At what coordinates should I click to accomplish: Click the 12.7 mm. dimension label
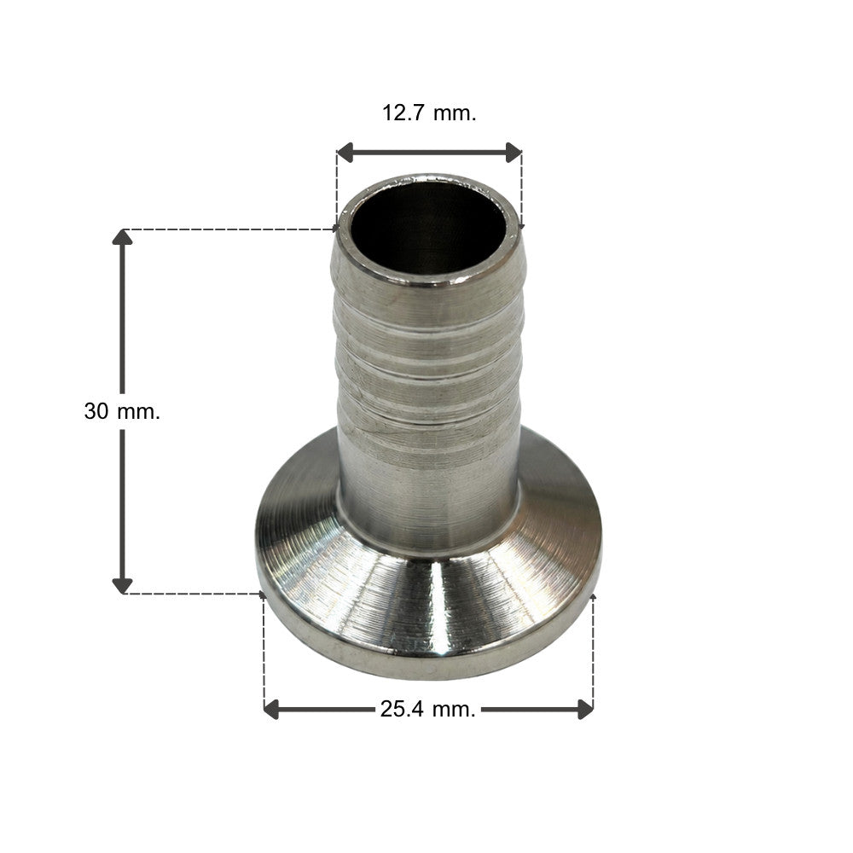point(429,113)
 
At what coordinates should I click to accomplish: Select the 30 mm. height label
point(122,411)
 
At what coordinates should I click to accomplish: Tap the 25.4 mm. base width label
point(428,710)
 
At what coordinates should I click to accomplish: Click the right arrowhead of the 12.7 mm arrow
point(514,153)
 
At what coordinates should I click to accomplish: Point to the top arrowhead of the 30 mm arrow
point(122,238)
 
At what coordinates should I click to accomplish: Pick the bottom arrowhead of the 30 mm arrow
point(122,585)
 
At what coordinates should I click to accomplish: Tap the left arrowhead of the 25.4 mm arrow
point(272,710)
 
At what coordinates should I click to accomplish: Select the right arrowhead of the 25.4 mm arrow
point(585,710)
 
